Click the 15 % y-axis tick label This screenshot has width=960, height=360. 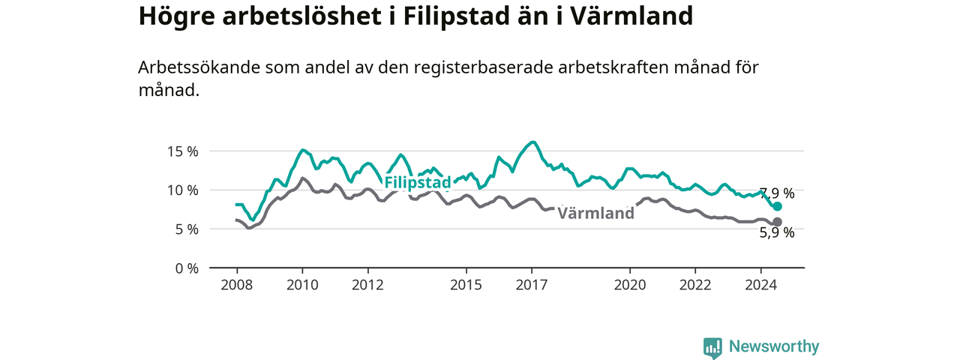(183, 151)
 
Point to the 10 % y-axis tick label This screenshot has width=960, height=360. (183, 190)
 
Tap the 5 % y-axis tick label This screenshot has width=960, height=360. (187, 229)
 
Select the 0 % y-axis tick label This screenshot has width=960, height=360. (187, 268)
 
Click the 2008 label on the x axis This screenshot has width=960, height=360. (237, 285)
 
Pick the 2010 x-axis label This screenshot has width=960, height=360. (302, 285)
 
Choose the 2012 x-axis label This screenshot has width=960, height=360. (367, 285)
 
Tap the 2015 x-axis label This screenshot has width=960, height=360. (466, 285)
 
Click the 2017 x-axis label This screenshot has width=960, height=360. (532, 285)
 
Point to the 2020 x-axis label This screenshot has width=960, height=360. (630, 285)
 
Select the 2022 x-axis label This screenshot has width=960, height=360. (695, 285)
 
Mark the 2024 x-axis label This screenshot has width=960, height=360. (761, 285)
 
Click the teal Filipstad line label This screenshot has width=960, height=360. (418, 182)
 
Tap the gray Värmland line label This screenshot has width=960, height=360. (595, 213)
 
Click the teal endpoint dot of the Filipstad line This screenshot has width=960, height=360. (778, 206)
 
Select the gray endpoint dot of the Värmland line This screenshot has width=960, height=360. (778, 222)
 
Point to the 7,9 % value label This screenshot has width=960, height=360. (777, 193)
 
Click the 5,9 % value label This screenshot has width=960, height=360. (777, 232)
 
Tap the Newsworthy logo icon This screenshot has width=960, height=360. (712, 347)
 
